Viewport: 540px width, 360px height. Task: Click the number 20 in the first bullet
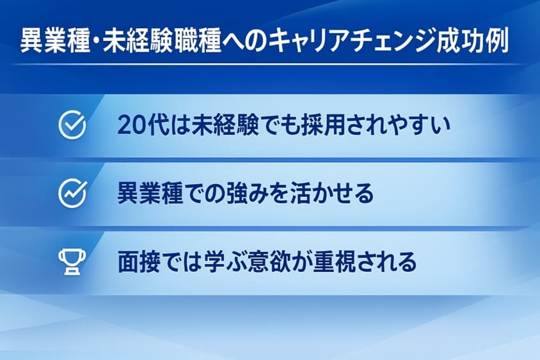point(131,125)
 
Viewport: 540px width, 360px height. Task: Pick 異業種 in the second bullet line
point(151,193)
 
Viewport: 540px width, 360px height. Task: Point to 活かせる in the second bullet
point(338,193)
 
